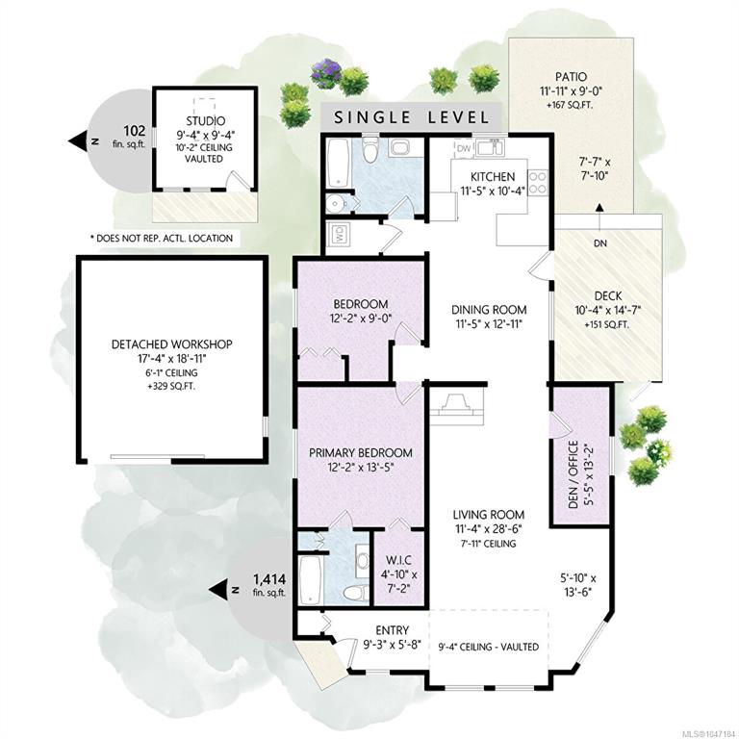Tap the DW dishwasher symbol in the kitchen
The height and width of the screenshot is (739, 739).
464,148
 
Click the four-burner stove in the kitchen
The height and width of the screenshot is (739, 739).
538,183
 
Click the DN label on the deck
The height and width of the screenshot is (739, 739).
600,243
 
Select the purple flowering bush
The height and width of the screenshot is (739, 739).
325,73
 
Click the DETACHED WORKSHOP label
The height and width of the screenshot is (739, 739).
171,344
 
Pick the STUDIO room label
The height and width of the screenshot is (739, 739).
206,121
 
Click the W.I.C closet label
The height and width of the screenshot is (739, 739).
398,560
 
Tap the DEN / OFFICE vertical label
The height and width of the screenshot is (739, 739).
573,474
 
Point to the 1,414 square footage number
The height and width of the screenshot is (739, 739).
269,578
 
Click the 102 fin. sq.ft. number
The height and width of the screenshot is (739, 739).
135,131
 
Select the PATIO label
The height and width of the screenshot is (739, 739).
571,77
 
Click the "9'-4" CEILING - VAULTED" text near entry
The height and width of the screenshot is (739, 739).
488,647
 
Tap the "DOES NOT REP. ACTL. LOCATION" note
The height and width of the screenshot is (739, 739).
162,238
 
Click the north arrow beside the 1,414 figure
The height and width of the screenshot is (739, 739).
219,590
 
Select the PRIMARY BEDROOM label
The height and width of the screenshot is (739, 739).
361,453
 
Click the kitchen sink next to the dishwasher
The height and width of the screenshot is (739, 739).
490,148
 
